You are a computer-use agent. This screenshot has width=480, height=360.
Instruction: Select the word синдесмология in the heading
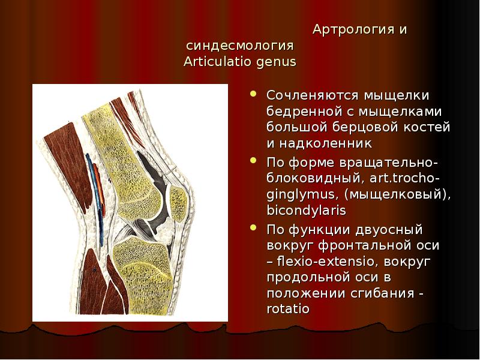(x=240, y=46)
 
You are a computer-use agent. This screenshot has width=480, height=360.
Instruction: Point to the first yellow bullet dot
(x=253, y=94)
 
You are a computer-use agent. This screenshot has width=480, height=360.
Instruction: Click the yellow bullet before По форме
(x=253, y=160)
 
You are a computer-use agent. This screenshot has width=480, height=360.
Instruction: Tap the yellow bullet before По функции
(x=253, y=227)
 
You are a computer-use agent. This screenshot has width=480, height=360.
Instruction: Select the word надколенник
(x=325, y=143)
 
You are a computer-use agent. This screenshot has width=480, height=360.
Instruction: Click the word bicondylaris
(x=307, y=211)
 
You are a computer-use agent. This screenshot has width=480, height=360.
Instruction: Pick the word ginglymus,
(x=303, y=194)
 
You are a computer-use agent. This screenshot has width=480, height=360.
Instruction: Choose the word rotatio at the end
(x=288, y=308)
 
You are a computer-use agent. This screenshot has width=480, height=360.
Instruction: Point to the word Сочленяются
(x=312, y=95)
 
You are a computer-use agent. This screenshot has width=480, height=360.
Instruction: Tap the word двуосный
(x=389, y=230)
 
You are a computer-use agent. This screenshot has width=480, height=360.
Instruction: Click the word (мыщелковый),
(x=398, y=194)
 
